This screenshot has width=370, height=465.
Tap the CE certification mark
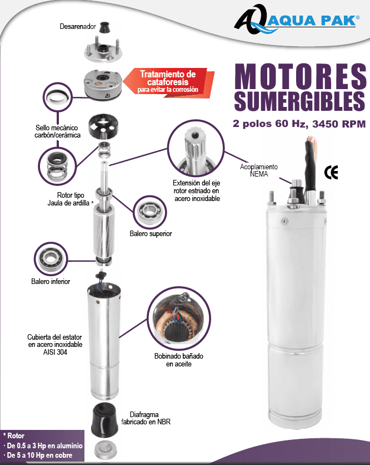[x=331, y=173]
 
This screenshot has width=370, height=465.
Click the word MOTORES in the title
[x=300, y=76]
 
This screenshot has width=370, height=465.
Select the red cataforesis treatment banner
[x=168, y=82]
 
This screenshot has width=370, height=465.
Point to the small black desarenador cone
[x=104, y=28]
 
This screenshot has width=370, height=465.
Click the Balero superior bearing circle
[x=150, y=212]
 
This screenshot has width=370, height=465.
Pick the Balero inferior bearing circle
[x=51, y=259]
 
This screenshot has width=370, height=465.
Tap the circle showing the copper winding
[x=179, y=318]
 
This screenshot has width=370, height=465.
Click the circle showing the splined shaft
[x=196, y=148]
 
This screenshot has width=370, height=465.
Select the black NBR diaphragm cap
[x=104, y=420]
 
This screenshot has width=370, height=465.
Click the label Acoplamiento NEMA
[x=259, y=170]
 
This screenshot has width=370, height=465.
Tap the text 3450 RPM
[x=339, y=124]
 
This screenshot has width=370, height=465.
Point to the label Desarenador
[x=78, y=26]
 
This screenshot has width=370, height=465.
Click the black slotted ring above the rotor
[x=103, y=126]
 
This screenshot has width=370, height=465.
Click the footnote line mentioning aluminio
[x=43, y=446]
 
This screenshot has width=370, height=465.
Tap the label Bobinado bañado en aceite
[x=179, y=360]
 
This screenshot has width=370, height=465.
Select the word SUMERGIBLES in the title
[x=300, y=101]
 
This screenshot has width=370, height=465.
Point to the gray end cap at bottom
[x=104, y=451]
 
